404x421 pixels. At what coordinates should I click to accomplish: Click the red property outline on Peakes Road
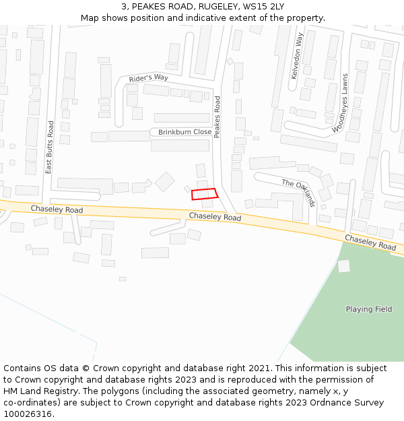click(x=205, y=194)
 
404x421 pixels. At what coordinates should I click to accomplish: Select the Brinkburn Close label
click(x=184, y=132)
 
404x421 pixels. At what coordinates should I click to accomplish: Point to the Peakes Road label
click(x=217, y=117)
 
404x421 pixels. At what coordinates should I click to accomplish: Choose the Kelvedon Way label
click(x=297, y=56)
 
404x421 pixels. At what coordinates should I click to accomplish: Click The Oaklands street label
click(x=299, y=193)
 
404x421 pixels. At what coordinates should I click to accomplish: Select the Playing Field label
click(x=369, y=309)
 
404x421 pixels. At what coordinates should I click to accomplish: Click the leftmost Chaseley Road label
click(x=57, y=210)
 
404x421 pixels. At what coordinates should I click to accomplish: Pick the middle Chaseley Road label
click(x=215, y=217)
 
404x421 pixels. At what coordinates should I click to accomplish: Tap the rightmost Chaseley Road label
click(x=370, y=242)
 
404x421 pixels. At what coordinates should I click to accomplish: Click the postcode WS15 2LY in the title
click(x=268, y=6)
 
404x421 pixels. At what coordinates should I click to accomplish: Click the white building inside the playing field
click(x=344, y=266)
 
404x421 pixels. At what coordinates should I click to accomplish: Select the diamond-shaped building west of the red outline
click(x=164, y=181)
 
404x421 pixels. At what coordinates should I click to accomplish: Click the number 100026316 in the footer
click(x=26, y=414)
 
